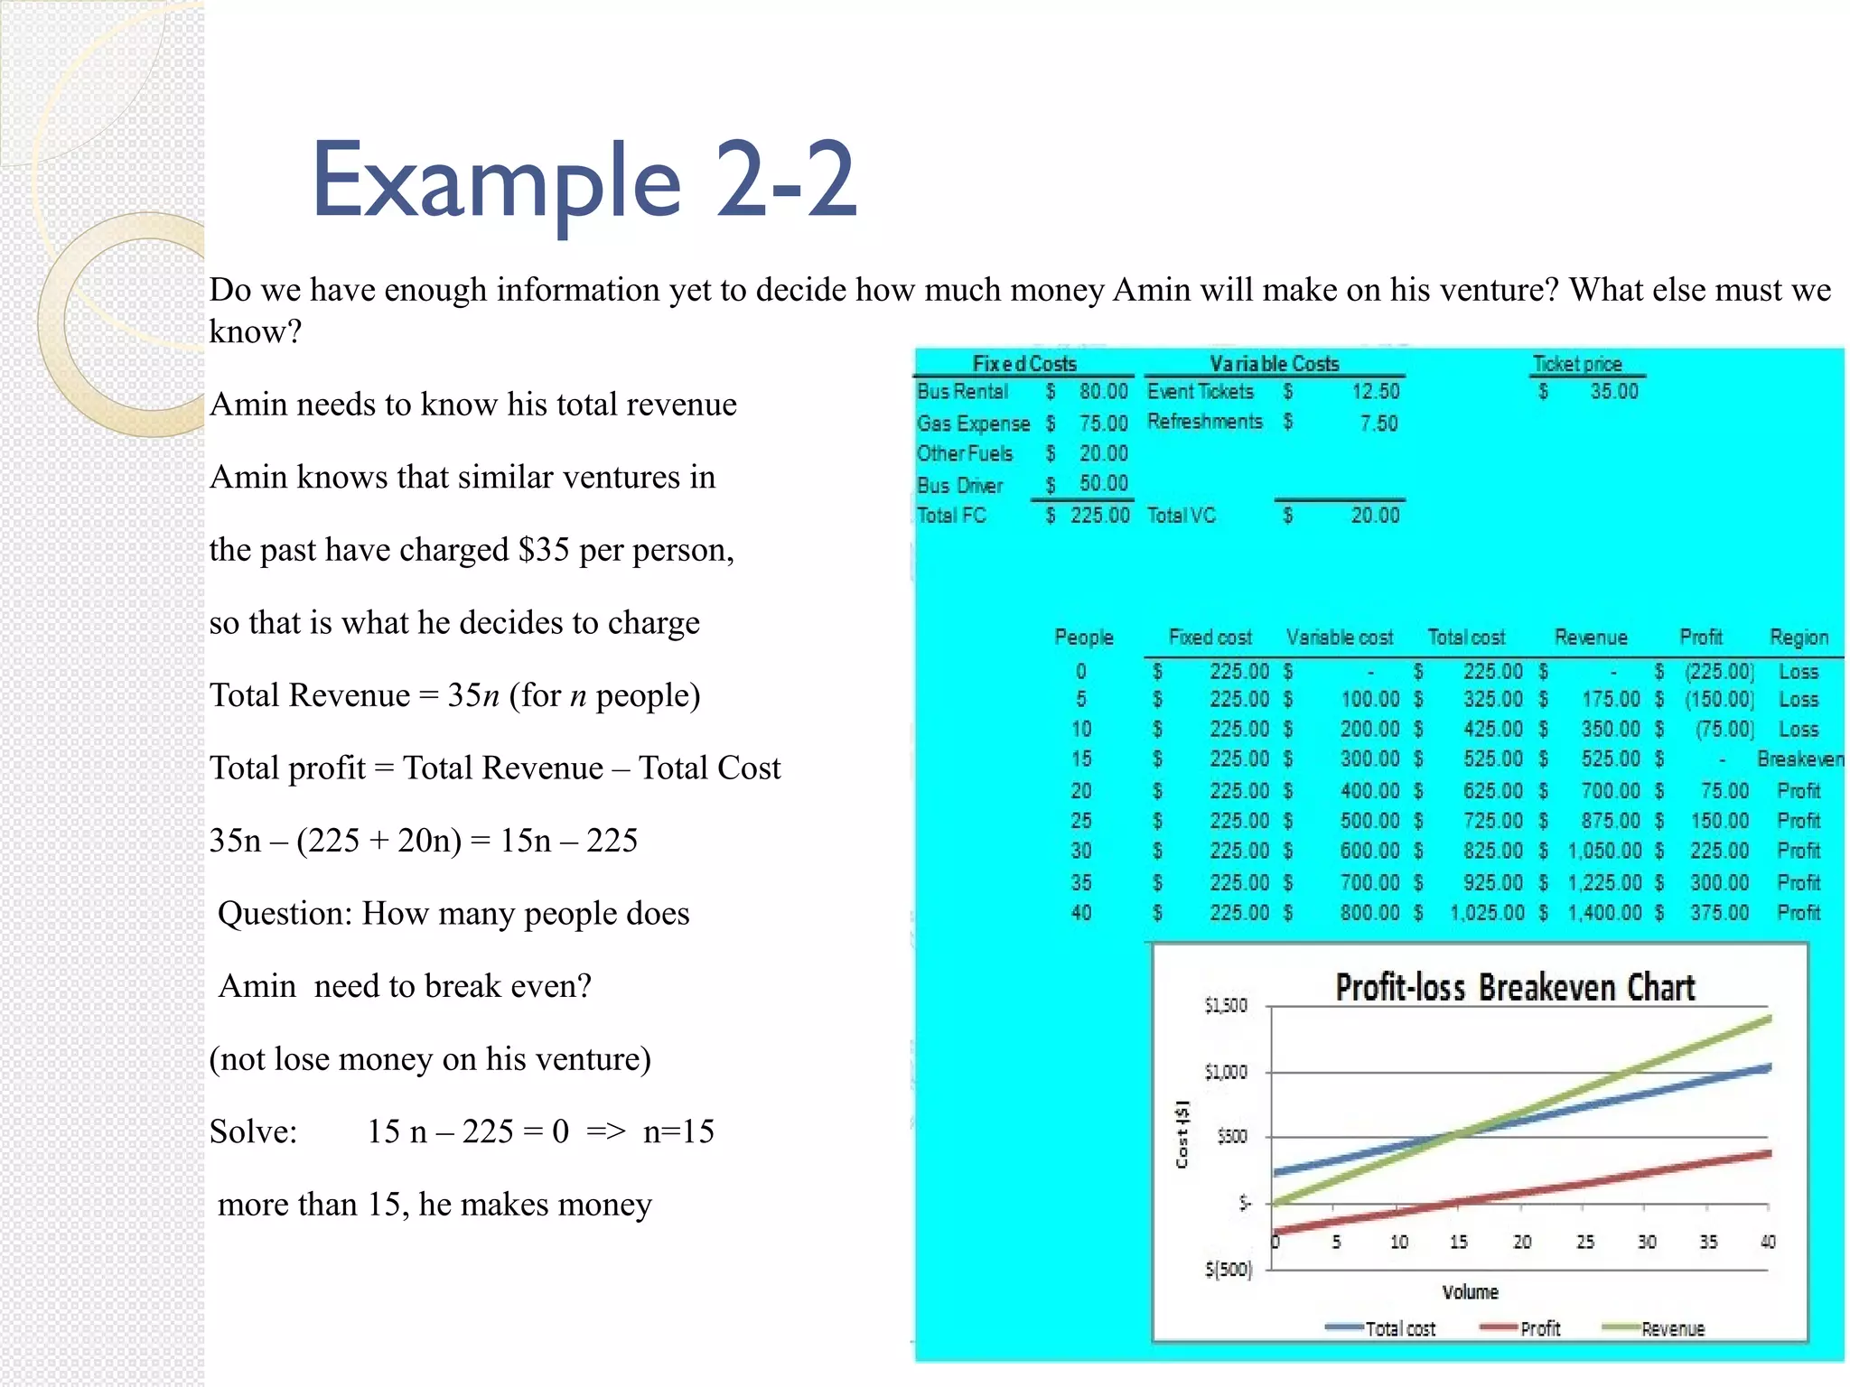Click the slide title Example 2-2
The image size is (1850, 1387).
coord(584,181)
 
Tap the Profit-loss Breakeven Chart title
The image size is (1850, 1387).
coord(1515,988)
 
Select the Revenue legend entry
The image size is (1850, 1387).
coord(1671,1329)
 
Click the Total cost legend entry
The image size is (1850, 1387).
coord(1399,1329)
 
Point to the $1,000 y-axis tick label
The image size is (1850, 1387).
coord(1226,1073)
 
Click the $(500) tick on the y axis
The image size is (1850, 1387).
coord(1229,1270)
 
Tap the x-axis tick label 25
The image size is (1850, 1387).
coord(1585,1243)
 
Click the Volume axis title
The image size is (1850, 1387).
coord(1470,1292)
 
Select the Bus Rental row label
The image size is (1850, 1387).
coord(962,392)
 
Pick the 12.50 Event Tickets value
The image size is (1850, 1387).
coord(1375,392)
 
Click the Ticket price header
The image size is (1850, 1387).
coord(1577,364)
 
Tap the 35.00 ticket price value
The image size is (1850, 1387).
coord(1613,392)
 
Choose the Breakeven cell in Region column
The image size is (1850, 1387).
coord(1799,759)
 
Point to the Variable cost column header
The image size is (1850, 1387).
coord(1340,638)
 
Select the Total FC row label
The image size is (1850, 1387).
coord(951,516)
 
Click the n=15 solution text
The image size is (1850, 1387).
coord(678,1131)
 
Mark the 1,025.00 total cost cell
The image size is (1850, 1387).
coord(1487,913)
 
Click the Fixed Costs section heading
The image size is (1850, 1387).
coord(1024,364)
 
